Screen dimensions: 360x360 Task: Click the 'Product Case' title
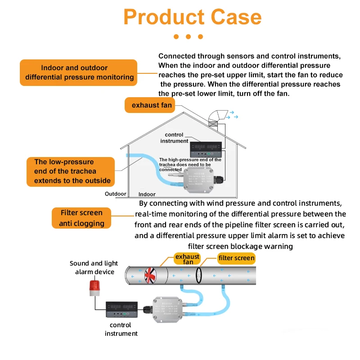(x=192, y=17)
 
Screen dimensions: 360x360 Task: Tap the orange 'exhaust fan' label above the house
(x=152, y=105)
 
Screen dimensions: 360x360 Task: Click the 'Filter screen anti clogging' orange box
(x=81, y=218)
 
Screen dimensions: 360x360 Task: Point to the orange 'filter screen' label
(x=236, y=258)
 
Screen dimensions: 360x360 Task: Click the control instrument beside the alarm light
(x=121, y=310)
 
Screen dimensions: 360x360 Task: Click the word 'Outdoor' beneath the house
(x=116, y=194)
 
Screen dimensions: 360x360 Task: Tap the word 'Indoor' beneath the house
(x=147, y=194)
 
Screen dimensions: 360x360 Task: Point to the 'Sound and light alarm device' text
(x=94, y=267)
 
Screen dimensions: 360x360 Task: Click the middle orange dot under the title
(x=189, y=37)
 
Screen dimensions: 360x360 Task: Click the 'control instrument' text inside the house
(x=174, y=138)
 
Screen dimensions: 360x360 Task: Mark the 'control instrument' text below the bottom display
(x=121, y=329)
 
